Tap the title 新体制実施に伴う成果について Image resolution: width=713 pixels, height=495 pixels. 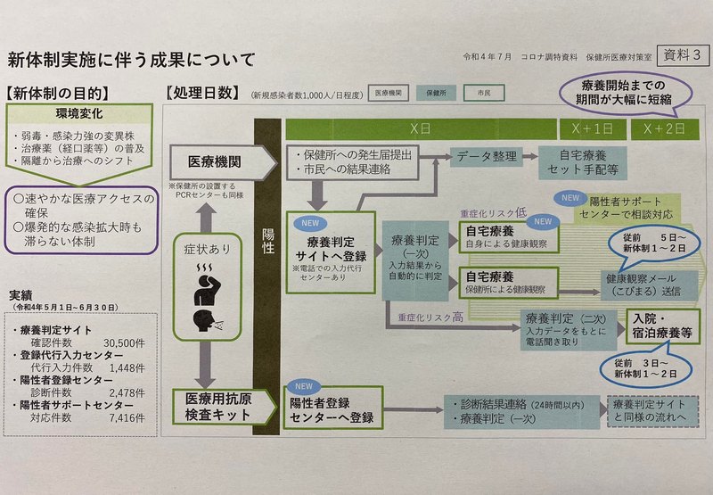click(131, 60)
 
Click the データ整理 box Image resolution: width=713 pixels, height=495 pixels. click(486, 155)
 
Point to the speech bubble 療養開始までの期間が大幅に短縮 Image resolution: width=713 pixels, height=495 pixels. click(624, 91)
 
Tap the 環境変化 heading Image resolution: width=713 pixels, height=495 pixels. click(78, 115)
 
